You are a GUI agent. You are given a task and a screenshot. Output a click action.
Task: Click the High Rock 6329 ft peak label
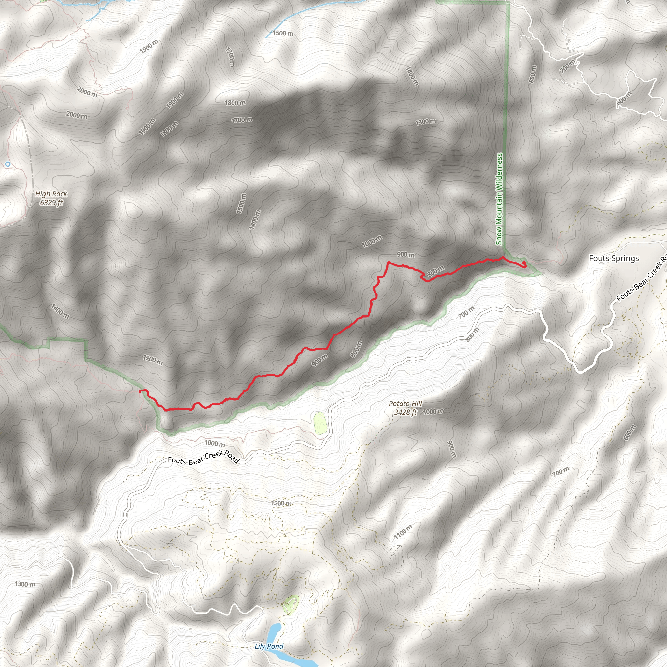pyautogui.click(x=51, y=198)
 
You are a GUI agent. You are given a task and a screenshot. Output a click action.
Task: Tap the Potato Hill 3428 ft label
pyautogui.click(x=405, y=408)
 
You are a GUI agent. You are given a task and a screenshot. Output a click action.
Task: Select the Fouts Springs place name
pyautogui.click(x=614, y=258)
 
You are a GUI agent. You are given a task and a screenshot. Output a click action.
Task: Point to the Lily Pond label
pyautogui.click(x=269, y=646)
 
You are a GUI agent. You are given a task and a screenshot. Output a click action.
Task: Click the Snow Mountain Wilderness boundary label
pyautogui.click(x=499, y=199)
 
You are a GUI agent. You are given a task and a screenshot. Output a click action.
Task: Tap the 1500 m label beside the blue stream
pyautogui.click(x=283, y=33)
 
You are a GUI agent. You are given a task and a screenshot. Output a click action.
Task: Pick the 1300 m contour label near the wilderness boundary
pyautogui.click(x=425, y=121)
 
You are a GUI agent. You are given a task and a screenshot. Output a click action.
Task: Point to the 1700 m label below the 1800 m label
pyautogui.click(x=242, y=120)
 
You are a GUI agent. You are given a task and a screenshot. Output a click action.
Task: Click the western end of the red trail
pyautogui.click(x=140, y=391)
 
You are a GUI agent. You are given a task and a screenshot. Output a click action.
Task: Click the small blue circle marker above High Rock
pyautogui.click(x=8, y=164)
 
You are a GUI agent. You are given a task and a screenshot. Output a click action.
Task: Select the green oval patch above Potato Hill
pyautogui.click(x=320, y=423)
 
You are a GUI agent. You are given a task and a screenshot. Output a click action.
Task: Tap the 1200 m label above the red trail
pyautogui.click(x=153, y=361)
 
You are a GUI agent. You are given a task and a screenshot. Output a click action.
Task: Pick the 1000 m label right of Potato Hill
pyautogui.click(x=433, y=412)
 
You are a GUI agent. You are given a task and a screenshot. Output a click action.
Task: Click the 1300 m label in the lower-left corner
pyautogui.click(x=25, y=584)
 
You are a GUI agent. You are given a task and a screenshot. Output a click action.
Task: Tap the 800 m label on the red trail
pyautogui.click(x=436, y=271)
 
